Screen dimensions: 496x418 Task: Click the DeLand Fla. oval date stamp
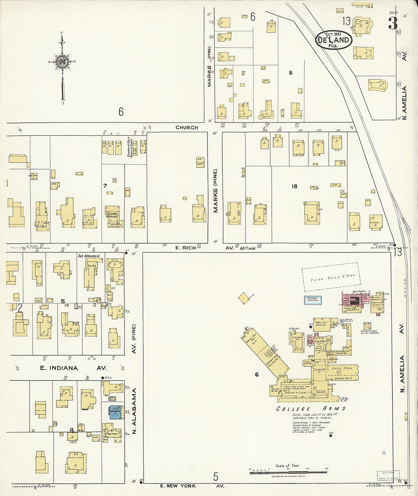pos(333,40)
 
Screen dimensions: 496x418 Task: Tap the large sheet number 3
pos(393,24)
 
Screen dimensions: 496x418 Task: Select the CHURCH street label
pos(187,128)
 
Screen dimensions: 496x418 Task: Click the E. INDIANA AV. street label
pos(73,368)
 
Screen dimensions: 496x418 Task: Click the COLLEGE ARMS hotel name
pos(311,409)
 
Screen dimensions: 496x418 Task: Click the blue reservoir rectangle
pos(313,300)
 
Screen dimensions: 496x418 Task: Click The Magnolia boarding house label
pos(89,256)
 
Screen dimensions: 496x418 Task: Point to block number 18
pos(294,186)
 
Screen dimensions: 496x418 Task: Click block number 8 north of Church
pos(291,73)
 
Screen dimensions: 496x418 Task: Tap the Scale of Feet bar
pos(288,472)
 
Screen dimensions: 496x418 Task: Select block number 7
pos(105,185)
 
